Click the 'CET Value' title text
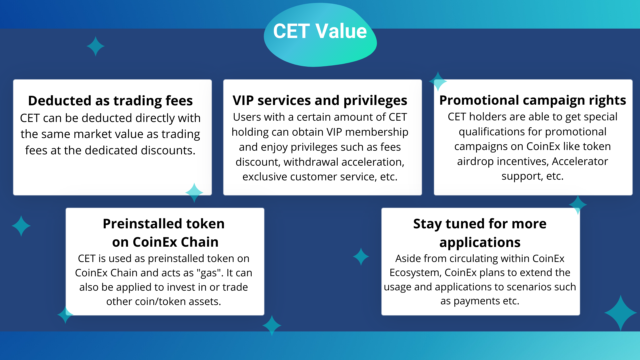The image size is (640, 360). point(320,31)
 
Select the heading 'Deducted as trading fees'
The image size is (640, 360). point(110,101)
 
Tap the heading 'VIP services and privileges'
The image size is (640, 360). point(320,100)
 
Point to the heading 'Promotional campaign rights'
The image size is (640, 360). point(533,100)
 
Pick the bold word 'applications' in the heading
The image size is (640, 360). point(480,242)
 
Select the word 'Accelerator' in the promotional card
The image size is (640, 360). point(580,161)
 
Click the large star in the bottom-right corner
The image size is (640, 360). point(621,313)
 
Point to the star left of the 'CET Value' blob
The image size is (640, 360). point(96,46)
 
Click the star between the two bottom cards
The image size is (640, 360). point(361,257)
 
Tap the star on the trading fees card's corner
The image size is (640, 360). point(194,193)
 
